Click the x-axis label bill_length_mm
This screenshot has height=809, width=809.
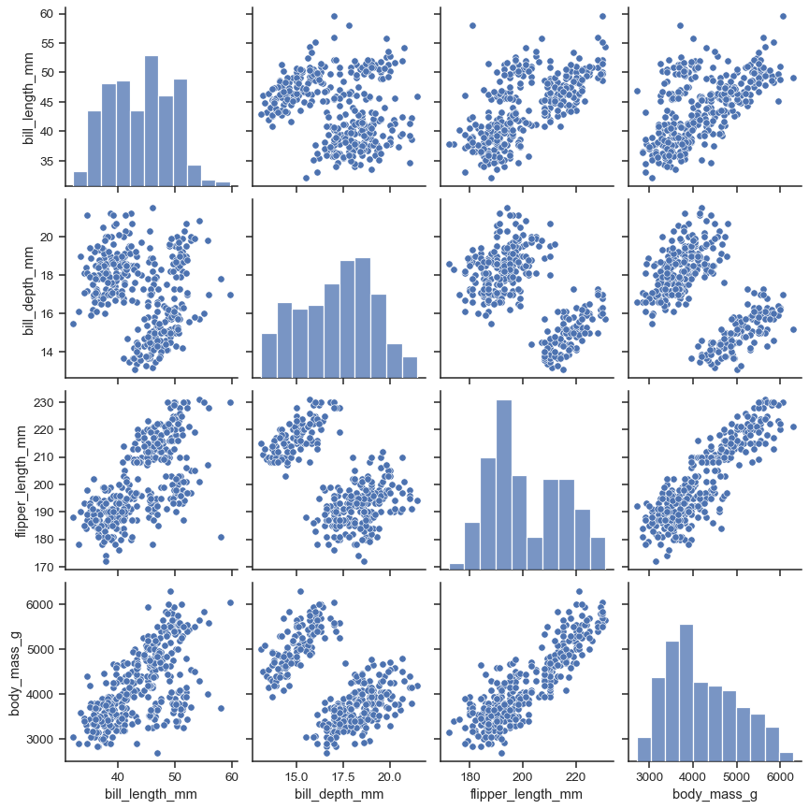[x=150, y=794]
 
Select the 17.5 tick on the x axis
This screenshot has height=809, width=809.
[x=343, y=775]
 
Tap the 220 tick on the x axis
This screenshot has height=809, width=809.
[x=574, y=775]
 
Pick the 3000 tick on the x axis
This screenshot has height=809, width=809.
[x=647, y=775]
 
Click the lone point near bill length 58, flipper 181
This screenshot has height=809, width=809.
[x=221, y=537]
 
